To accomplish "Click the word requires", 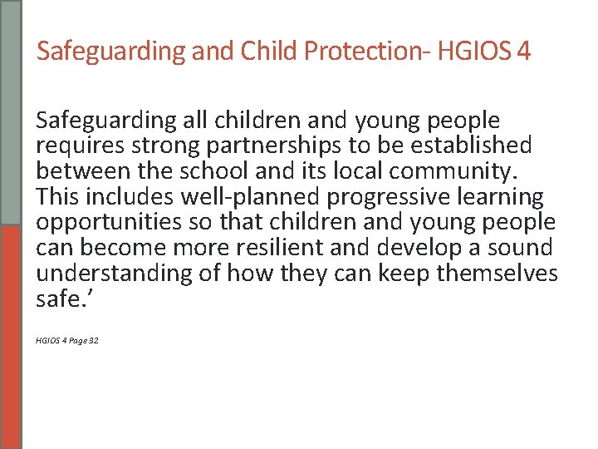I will coord(75,147).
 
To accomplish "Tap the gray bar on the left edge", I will coord(11,112).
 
